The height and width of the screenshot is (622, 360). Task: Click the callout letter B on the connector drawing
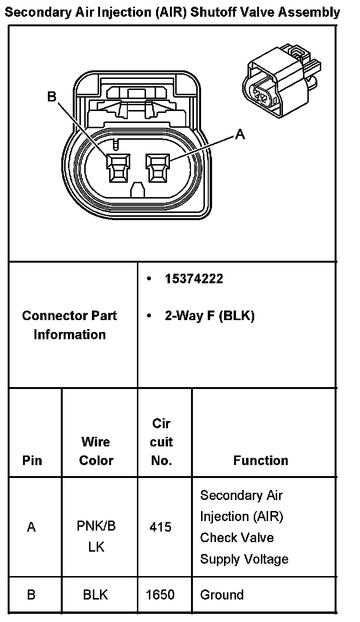[x=52, y=97]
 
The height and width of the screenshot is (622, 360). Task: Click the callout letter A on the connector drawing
[x=240, y=135]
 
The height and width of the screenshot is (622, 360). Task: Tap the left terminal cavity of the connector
[x=117, y=168]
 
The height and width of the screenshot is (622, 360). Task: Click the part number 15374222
[x=194, y=279]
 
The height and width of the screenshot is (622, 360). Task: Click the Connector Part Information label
[x=70, y=325]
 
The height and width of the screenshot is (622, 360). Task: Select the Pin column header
[x=32, y=460]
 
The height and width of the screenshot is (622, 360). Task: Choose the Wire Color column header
[x=96, y=451]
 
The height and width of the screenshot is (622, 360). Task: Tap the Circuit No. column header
[x=161, y=442]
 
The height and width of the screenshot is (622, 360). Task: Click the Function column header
[x=261, y=460]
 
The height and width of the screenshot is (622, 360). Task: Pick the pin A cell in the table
[x=32, y=527]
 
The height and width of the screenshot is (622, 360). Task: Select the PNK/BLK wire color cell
[x=96, y=536]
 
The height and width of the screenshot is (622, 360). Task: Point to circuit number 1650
[x=160, y=595]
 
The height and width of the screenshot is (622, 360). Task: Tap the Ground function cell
[x=222, y=595]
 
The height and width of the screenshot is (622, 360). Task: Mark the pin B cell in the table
[x=32, y=595]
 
